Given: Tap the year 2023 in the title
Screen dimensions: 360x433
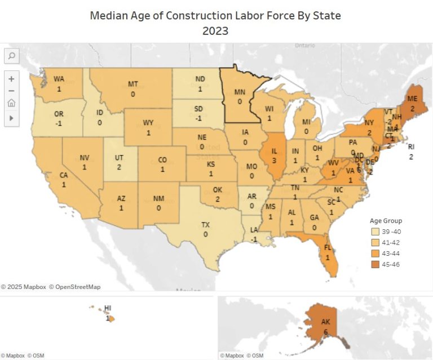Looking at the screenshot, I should pos(215,31).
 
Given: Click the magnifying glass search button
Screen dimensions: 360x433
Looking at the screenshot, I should pos(11,56).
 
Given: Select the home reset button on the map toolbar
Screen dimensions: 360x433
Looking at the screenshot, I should pos(11,103).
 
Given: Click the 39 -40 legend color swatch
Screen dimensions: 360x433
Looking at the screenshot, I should pos(375,232).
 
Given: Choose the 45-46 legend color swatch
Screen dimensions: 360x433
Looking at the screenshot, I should pos(375,264).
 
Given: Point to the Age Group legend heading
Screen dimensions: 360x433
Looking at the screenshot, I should pos(386,221).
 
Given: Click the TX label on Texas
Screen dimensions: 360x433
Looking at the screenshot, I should pos(206,225).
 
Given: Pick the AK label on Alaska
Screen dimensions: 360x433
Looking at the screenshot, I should pos(325,322).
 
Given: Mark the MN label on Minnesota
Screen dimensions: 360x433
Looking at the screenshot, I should pos(240,93).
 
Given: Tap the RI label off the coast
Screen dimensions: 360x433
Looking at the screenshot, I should pos(411,147).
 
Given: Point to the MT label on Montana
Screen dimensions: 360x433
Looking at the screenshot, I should pos(133,85).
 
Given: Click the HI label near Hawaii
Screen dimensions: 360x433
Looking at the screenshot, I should pos(108,308).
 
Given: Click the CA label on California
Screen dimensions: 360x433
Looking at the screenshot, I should pos(64,175).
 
